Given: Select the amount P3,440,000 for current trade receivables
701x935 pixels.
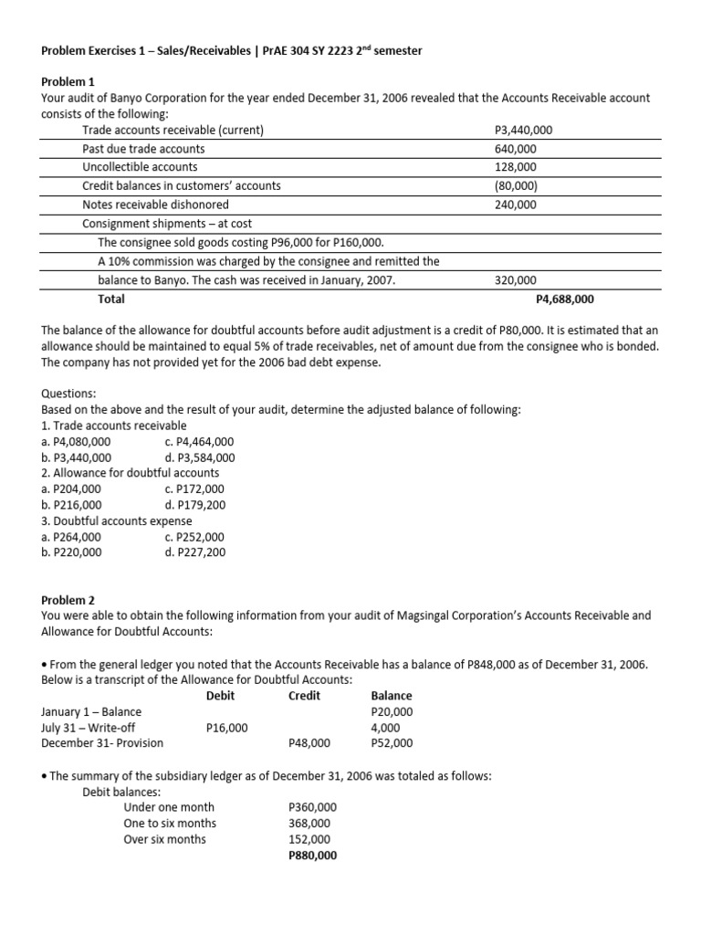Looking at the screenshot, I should click(x=522, y=131).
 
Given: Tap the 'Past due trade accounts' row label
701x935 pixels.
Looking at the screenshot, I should click(x=143, y=149).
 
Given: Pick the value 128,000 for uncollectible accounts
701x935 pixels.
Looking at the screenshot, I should click(x=516, y=167).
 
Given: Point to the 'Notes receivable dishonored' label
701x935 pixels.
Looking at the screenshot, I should click(x=155, y=205).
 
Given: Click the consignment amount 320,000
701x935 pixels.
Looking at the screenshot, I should click(x=516, y=281).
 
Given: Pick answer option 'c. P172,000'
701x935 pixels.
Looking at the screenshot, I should click(x=188, y=489).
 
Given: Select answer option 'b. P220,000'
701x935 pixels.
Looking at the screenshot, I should click(x=72, y=552).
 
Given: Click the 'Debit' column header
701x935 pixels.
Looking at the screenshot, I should click(x=221, y=696).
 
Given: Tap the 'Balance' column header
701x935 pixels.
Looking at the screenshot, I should click(x=392, y=696).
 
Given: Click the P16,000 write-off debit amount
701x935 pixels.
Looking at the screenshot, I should click(x=227, y=728).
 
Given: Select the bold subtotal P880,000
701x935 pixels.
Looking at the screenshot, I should click(x=312, y=856).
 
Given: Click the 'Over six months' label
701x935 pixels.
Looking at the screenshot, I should click(x=164, y=839).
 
